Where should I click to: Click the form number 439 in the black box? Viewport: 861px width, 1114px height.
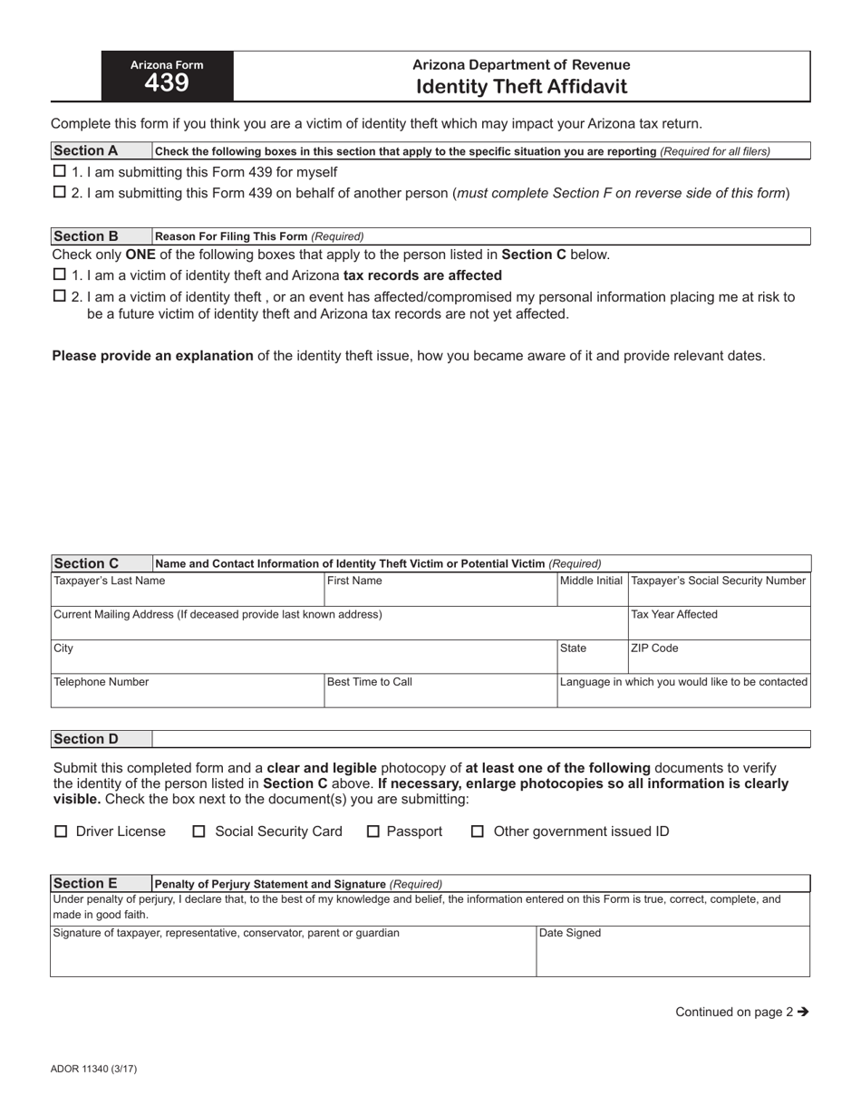coord(167,83)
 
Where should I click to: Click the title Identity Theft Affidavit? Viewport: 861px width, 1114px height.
coord(521,87)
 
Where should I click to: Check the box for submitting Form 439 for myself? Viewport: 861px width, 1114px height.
coord(60,171)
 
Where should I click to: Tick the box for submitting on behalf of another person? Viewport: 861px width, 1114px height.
coord(60,192)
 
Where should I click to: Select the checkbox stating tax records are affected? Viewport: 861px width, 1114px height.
coord(60,274)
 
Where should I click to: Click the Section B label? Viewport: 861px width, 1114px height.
coord(86,236)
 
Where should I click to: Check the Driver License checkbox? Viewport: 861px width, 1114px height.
coord(62,831)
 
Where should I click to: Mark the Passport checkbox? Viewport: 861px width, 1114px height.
coord(372,831)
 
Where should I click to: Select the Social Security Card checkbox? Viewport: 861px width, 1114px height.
coord(199,831)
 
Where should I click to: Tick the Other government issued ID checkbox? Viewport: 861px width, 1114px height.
coord(478,831)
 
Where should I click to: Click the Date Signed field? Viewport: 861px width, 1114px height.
coord(672,952)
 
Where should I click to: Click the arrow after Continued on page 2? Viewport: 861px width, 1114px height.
coord(802,1013)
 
